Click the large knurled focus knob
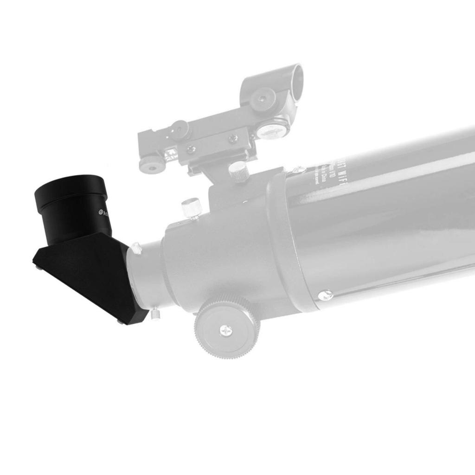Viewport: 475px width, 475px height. pyautogui.click(x=227, y=327)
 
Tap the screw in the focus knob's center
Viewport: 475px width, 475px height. pyautogui.click(x=226, y=330)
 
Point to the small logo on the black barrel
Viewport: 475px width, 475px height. pyautogui.click(x=101, y=212)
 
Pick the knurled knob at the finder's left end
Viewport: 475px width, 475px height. pyautogui.click(x=151, y=164)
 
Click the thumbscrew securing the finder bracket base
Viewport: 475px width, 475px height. pyautogui.click(x=239, y=172)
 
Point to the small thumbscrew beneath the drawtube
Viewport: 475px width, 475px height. pyautogui.click(x=155, y=314)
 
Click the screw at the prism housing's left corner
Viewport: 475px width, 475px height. pyautogui.click(x=37, y=265)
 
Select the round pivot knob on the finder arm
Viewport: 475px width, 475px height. pyautogui.click(x=179, y=130)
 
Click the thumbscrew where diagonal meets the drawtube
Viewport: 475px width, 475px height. pyautogui.click(x=135, y=249)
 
